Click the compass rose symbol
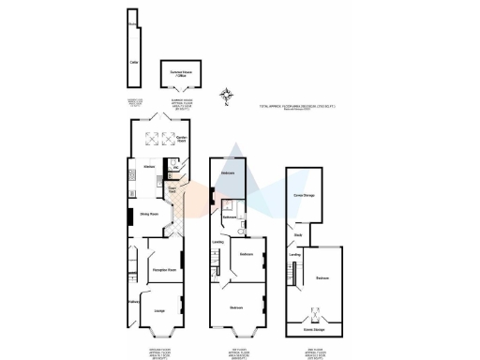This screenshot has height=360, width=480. coord(224,94)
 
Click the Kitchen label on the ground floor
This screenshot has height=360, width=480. coord(147,167)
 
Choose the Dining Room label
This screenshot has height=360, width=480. coord(148,215)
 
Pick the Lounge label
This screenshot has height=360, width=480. coord(159,310)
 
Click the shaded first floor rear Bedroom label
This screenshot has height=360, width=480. coord(227,174)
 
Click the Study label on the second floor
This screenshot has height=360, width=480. coord(297,234)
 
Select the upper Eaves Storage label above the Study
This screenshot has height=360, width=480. coord(303,194)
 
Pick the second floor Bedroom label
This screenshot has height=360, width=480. coord(322,278)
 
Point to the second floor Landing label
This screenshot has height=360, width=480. coord(294,254)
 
